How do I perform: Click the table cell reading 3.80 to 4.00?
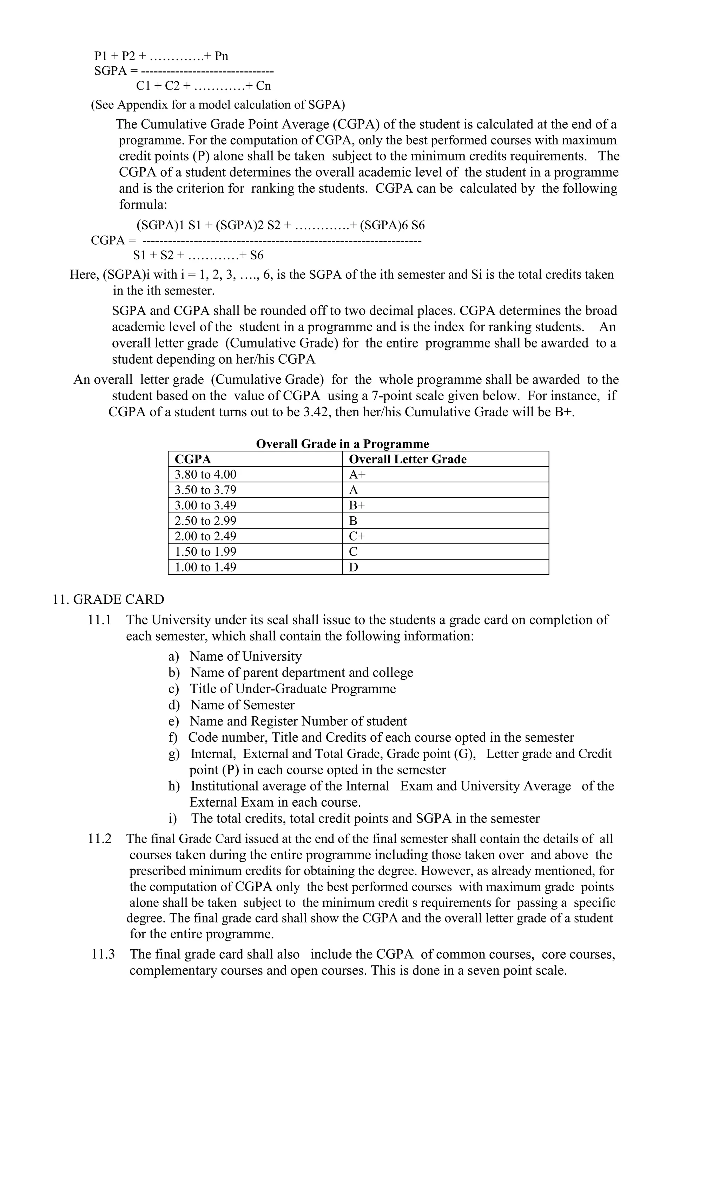click(x=206, y=474)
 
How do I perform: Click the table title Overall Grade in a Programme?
click(x=342, y=444)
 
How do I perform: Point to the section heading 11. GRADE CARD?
click(x=108, y=599)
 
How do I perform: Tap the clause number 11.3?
click(x=103, y=954)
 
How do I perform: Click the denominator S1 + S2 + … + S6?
click(x=198, y=255)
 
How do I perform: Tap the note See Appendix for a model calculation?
click(x=218, y=104)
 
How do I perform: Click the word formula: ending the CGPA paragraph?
click(x=143, y=204)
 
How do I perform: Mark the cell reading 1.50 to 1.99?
click(x=206, y=552)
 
